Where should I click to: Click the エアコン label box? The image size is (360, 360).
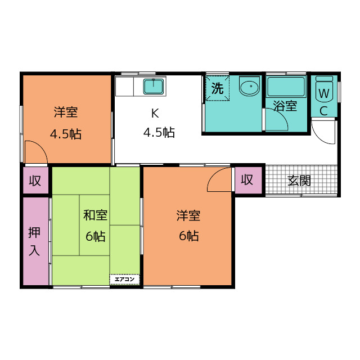(x=124, y=280)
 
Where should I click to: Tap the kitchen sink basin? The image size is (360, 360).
(x=154, y=86)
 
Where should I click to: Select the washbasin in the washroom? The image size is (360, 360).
(x=249, y=86)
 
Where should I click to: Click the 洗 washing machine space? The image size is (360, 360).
(x=217, y=88)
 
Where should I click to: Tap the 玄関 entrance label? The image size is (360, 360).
(x=299, y=181)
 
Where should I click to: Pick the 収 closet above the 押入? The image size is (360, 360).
(x=36, y=180)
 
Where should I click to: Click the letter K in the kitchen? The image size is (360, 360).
(x=155, y=113)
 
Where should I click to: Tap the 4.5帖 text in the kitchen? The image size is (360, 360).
(x=159, y=133)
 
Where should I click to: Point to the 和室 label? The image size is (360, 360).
(x=95, y=215)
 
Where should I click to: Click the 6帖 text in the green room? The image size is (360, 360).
(x=96, y=236)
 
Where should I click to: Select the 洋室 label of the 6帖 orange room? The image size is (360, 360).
(x=188, y=215)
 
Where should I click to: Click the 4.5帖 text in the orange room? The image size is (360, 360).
(x=66, y=134)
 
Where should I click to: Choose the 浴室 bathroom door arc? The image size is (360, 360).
(x=282, y=115)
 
